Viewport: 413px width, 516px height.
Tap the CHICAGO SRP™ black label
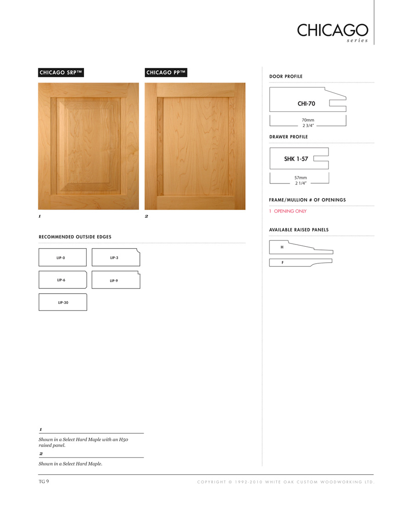[x=61, y=72]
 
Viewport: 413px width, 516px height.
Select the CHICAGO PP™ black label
[x=166, y=72]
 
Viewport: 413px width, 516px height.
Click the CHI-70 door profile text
[x=306, y=104]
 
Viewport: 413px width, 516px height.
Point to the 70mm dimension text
[x=307, y=120]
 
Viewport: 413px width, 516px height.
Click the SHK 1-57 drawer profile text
[x=296, y=159]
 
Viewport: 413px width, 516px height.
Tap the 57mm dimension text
[x=301, y=178]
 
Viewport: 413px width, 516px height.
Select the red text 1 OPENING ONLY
[x=288, y=211]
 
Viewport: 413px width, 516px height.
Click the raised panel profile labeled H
[x=301, y=248]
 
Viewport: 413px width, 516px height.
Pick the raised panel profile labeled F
[x=300, y=262]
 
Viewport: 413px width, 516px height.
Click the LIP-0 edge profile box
[x=62, y=257]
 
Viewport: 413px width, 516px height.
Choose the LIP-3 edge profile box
[x=116, y=257]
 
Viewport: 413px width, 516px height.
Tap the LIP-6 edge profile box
[x=62, y=280]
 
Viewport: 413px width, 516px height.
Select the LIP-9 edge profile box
[x=116, y=280]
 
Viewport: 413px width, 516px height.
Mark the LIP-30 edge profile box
[x=62, y=302]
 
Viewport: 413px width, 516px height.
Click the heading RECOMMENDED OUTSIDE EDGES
[x=75, y=237]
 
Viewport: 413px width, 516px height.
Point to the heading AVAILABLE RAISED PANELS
[x=299, y=230]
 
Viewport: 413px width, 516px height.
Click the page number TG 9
[x=44, y=481]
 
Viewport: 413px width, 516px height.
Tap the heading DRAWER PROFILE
[x=288, y=137]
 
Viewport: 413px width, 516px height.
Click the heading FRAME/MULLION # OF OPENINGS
[x=307, y=200]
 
